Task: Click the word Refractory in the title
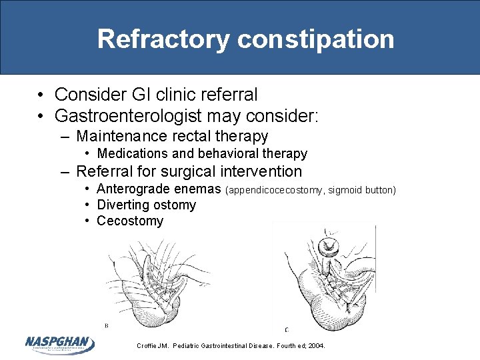pos(163,39)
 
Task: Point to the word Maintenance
pos(121,137)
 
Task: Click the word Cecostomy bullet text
pos(130,221)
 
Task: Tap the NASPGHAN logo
pos(59,344)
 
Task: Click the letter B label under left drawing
pos(105,325)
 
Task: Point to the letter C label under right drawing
pos(287,329)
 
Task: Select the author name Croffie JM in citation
pos(153,346)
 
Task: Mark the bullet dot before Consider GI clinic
pos(41,95)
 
